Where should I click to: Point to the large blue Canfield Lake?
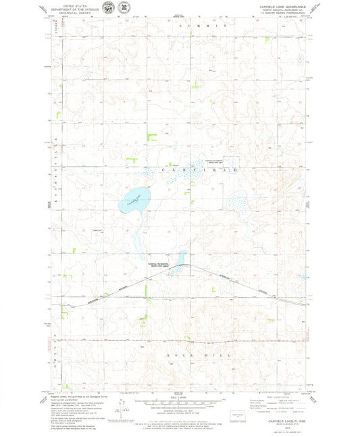pyautogui.click(x=132, y=200)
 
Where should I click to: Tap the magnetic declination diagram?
pyautogui.click(x=122, y=409)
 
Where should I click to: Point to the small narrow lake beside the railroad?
pyautogui.click(x=180, y=259)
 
